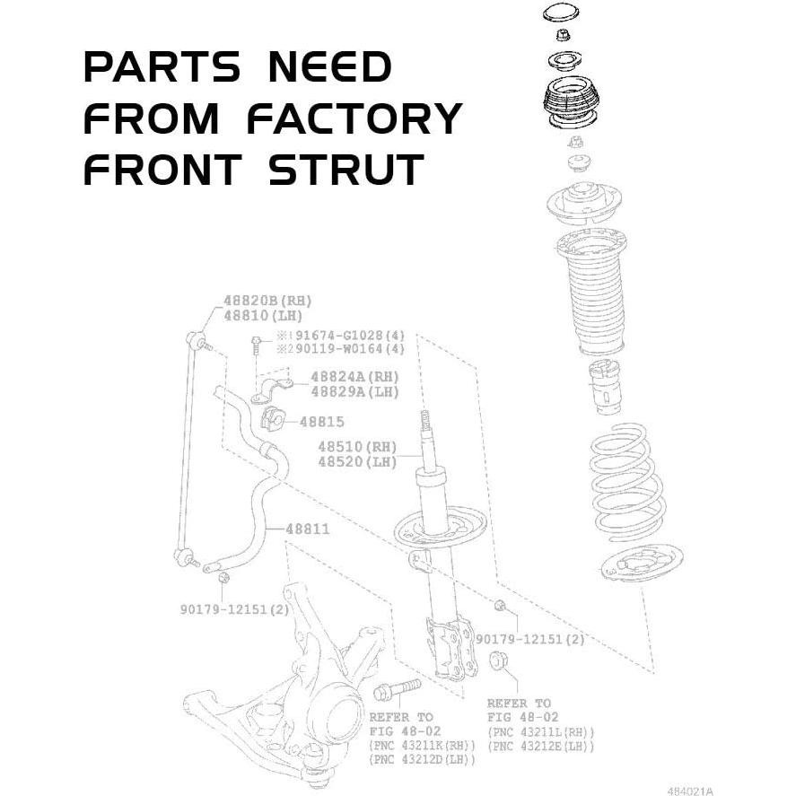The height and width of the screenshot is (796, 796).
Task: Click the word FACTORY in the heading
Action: tap(354, 119)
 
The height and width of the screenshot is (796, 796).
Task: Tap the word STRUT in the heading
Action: tap(346, 171)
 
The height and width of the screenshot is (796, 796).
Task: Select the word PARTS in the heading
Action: tap(162, 68)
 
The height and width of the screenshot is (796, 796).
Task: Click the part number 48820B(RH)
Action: tap(267, 301)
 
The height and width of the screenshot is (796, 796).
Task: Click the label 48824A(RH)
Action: tap(354, 377)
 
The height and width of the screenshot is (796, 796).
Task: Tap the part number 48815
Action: tap(321, 421)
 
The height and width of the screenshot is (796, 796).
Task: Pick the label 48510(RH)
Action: tap(356, 446)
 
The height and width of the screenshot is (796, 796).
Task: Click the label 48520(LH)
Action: tap(356, 461)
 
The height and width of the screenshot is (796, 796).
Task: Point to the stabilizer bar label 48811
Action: tap(307, 529)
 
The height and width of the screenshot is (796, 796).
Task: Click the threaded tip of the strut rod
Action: tap(426, 423)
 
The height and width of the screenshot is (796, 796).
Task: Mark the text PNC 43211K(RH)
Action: tap(422, 746)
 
